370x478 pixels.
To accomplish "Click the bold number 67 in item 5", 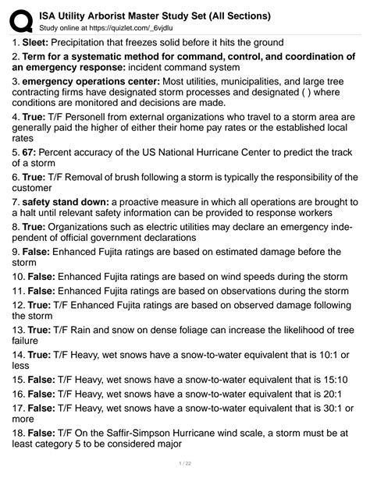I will click(x=29, y=153).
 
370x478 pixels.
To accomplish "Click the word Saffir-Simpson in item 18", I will click(x=146, y=433).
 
